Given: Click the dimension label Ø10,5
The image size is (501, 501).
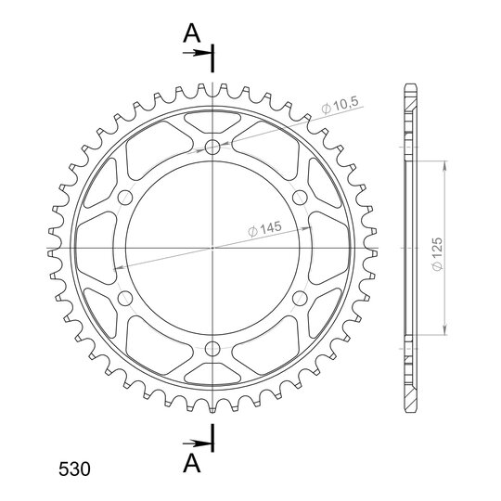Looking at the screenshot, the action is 340,105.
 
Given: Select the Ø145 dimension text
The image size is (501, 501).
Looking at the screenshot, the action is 264,229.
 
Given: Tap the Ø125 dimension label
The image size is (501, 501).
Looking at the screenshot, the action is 437,254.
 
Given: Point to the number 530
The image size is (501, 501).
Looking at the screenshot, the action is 74,469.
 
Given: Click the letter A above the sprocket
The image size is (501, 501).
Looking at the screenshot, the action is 192,34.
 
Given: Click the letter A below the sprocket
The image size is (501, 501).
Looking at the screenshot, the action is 192,464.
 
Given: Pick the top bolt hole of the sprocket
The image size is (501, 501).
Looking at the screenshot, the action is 212,148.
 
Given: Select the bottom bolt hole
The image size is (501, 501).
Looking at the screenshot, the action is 212,348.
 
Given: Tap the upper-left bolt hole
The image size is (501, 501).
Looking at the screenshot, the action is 125,198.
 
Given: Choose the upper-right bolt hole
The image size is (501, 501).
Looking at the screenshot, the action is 300,198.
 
